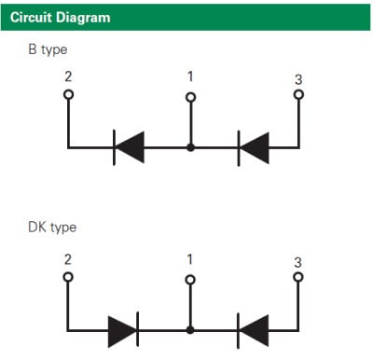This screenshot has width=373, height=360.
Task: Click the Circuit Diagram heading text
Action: coord(60,17)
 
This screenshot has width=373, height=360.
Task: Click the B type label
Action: coord(48,49)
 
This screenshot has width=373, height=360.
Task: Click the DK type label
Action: coord(53,227)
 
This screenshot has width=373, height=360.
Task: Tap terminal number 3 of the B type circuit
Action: coord(298,78)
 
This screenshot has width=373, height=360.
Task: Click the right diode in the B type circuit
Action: coord(254,146)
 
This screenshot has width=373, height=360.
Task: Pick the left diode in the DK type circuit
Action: coord(123,329)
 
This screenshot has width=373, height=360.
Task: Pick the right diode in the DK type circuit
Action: coord(254,329)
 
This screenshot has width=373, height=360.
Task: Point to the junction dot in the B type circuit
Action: coord(190,147)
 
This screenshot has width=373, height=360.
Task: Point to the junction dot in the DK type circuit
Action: coord(190,329)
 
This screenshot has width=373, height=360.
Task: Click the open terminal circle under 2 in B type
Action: coord(68,94)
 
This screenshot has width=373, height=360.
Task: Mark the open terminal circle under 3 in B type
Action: coord(298,94)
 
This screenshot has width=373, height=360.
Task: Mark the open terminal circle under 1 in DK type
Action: coord(190,278)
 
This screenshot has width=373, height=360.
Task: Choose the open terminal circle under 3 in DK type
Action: coord(298,277)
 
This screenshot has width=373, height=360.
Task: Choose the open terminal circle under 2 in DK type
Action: coord(68,277)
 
